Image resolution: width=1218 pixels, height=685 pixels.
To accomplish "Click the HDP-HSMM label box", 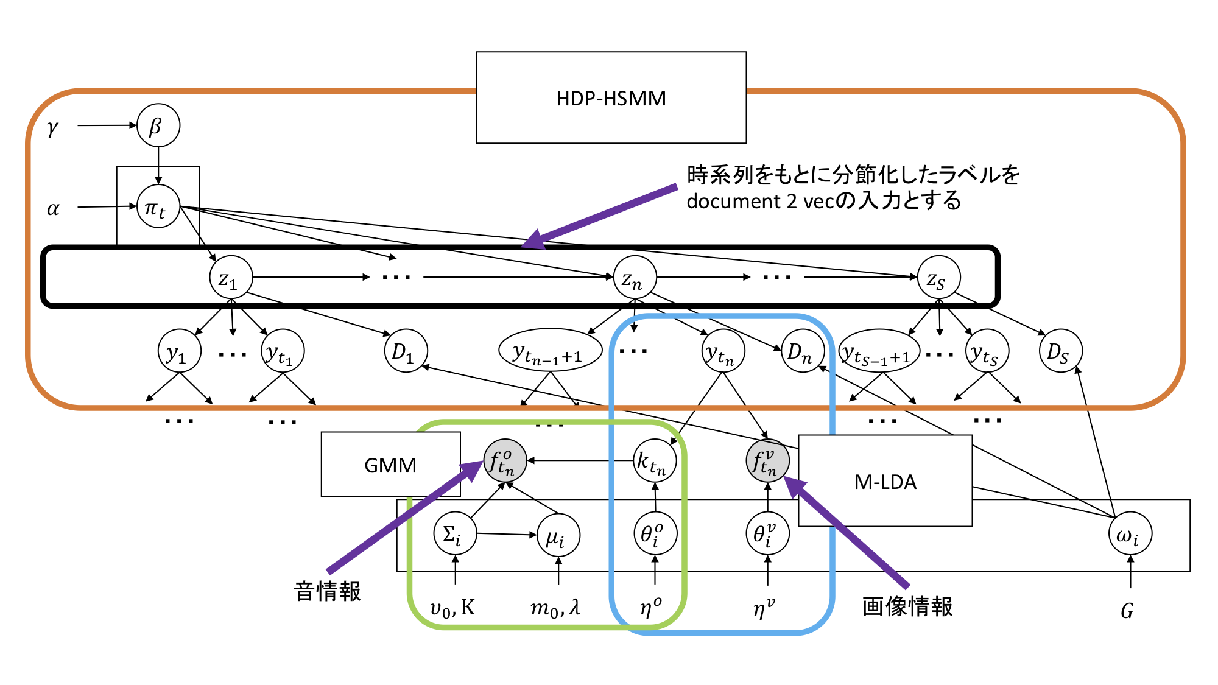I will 611,97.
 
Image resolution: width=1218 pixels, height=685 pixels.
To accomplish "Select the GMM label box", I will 390,465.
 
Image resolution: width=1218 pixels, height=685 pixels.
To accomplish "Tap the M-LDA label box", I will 885,481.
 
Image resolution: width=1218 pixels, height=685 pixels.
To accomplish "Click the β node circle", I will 158,125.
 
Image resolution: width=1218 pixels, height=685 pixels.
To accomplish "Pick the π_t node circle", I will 158,207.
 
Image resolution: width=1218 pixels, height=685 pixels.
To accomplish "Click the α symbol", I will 54,208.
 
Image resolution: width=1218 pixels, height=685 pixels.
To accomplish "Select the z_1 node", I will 231,278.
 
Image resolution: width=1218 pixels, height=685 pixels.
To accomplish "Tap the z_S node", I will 938,278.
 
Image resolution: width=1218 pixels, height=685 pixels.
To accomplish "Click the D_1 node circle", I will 406,351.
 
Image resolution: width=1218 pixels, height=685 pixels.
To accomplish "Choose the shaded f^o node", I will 504,461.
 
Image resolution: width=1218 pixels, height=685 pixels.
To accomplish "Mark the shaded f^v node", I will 767,461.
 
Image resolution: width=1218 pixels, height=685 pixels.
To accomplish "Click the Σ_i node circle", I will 455,534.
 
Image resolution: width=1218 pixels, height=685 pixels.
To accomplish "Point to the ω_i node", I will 1130,534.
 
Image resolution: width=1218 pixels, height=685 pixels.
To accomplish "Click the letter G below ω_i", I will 1127,610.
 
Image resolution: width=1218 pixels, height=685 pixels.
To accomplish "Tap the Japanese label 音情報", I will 328,591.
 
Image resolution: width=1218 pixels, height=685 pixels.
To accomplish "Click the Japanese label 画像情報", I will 907,606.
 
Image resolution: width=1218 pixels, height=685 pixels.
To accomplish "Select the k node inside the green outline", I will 654,461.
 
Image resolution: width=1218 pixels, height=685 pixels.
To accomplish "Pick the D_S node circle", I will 1060,351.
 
